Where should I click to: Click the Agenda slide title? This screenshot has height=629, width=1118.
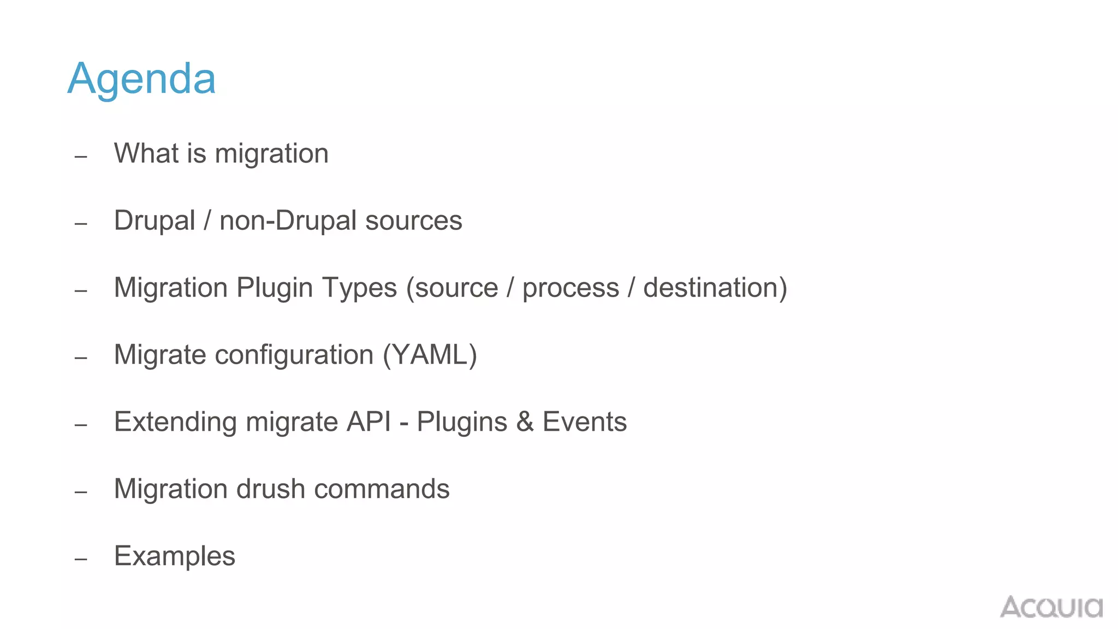click(x=141, y=79)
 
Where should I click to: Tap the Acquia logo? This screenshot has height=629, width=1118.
click(x=1051, y=607)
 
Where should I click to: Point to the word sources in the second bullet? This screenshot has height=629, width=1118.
click(x=413, y=221)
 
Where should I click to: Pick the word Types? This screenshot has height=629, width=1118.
click(x=359, y=288)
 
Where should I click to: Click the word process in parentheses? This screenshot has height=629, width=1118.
click(x=570, y=288)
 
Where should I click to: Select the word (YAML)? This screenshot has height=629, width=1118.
click(x=430, y=355)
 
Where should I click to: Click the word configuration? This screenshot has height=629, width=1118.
click(x=294, y=355)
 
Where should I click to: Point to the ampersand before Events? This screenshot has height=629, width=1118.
click(x=525, y=422)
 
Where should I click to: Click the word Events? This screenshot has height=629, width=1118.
click(x=584, y=422)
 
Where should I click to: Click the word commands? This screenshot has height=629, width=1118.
click(x=382, y=489)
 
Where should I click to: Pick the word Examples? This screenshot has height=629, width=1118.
click(x=175, y=556)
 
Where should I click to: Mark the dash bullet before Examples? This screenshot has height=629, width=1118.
click(x=81, y=559)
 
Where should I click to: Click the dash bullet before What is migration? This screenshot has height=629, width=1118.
click(x=81, y=157)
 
